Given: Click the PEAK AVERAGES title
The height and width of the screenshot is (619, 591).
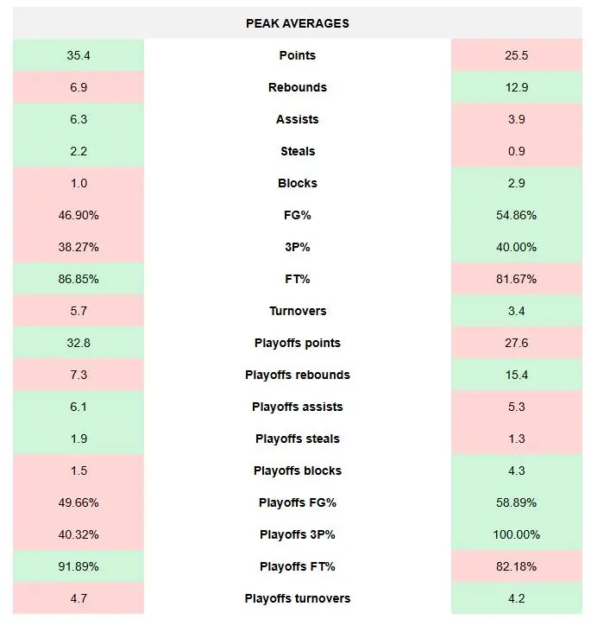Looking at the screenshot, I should pyautogui.click(x=297, y=23).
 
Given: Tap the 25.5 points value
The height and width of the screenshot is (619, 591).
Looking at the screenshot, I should pyautogui.click(x=516, y=55).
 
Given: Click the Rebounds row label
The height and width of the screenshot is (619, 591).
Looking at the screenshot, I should pyautogui.click(x=297, y=87).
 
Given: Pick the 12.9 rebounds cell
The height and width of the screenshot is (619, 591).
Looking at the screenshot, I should pyautogui.click(x=516, y=87).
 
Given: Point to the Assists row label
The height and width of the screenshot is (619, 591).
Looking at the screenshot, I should pyautogui.click(x=297, y=119).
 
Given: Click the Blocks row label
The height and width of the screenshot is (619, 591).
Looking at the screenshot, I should pyautogui.click(x=297, y=183).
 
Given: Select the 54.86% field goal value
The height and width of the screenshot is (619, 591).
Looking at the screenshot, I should pyautogui.click(x=516, y=215).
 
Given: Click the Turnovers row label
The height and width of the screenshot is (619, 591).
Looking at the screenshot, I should pyautogui.click(x=297, y=311).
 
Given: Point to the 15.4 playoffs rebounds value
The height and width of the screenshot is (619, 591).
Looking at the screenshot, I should pyautogui.click(x=516, y=375).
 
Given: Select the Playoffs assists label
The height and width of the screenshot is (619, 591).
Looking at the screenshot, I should pyautogui.click(x=297, y=407).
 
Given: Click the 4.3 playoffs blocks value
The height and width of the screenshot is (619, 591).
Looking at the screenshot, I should pyautogui.click(x=516, y=471).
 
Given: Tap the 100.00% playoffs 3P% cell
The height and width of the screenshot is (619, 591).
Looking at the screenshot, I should pyautogui.click(x=516, y=534).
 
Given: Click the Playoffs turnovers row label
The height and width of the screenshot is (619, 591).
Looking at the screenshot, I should pyautogui.click(x=297, y=598).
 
